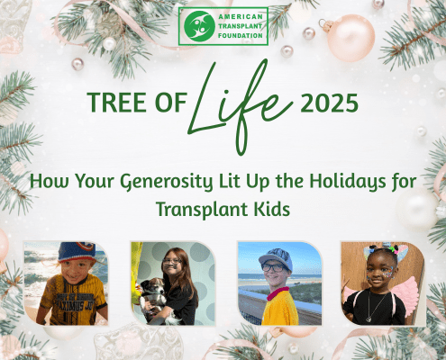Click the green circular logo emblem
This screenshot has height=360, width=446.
[x=199, y=26]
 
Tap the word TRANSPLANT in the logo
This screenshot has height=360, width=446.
[x=241, y=26]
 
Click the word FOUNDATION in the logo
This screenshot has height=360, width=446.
[x=241, y=36]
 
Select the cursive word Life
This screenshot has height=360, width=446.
[x=241, y=106]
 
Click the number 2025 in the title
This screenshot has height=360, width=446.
[x=329, y=103]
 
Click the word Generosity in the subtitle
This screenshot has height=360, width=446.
[x=167, y=182]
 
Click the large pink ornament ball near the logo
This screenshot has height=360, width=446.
[x=350, y=38]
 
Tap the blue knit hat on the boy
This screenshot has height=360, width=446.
[x=77, y=251]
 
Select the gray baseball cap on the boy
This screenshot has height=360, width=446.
[x=276, y=258]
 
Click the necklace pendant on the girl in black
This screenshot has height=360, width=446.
[x=369, y=319]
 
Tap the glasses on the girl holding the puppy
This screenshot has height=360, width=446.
[x=171, y=261]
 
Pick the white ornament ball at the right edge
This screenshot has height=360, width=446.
[x=418, y=209]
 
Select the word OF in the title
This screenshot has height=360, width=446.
[x=171, y=103]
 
